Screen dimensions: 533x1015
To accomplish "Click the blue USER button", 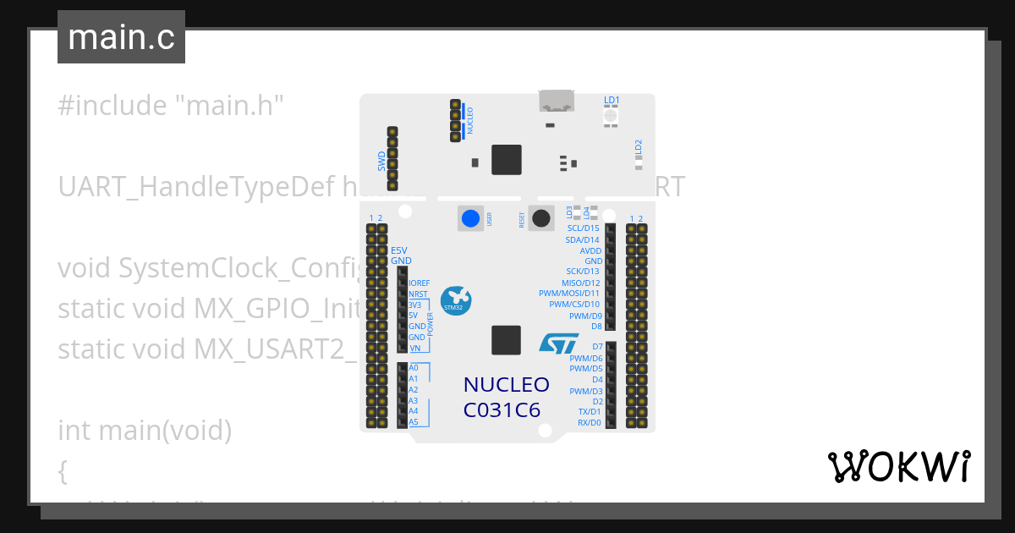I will pyautogui.click(x=469, y=219).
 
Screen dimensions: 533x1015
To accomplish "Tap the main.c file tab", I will pyautogui.click(x=121, y=38).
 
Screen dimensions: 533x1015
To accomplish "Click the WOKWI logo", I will pyautogui.click(x=898, y=466).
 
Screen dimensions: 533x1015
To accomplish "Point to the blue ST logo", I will pyautogui.click(x=559, y=343).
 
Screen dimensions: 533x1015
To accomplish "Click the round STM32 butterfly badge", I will pyautogui.click(x=458, y=300).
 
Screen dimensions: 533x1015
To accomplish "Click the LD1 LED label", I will pyautogui.click(x=612, y=100).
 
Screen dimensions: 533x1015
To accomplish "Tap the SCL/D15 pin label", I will pyautogui.click(x=583, y=228).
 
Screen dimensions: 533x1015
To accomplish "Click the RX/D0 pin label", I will pyautogui.click(x=589, y=422).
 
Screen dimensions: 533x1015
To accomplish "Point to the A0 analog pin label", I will pyautogui.click(x=414, y=368).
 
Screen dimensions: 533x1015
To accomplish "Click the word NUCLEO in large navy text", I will pyautogui.click(x=506, y=385).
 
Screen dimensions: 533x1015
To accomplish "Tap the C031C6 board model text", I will pyautogui.click(x=502, y=410).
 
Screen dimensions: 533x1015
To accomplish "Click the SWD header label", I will pyautogui.click(x=381, y=160).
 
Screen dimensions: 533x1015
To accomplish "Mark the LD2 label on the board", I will pyautogui.click(x=639, y=146).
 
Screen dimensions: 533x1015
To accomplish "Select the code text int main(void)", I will pyautogui.click(x=145, y=431).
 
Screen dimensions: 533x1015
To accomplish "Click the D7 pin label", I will pyautogui.click(x=597, y=347).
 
